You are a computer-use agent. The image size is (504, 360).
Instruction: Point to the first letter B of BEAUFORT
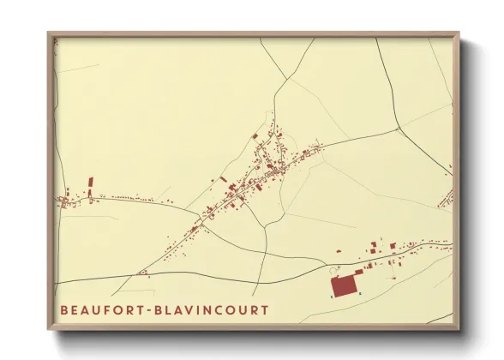coord(64,309)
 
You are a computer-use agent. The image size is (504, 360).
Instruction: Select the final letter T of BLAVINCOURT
coord(264,309)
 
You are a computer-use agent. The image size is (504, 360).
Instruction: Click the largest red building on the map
coord(345,284)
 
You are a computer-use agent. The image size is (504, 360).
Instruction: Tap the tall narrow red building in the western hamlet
coord(91,186)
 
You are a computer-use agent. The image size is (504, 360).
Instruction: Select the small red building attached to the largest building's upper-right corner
coord(359,272)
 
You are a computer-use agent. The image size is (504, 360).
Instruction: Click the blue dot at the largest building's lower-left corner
coord(331,295)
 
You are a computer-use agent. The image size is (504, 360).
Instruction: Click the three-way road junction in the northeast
coord(399,129)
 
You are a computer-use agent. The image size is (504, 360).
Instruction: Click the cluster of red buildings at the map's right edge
coord(446,199)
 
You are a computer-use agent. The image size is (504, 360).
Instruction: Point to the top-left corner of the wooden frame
coord(48,33)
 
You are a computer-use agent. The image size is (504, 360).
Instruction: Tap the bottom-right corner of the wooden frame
coord(459,329)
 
